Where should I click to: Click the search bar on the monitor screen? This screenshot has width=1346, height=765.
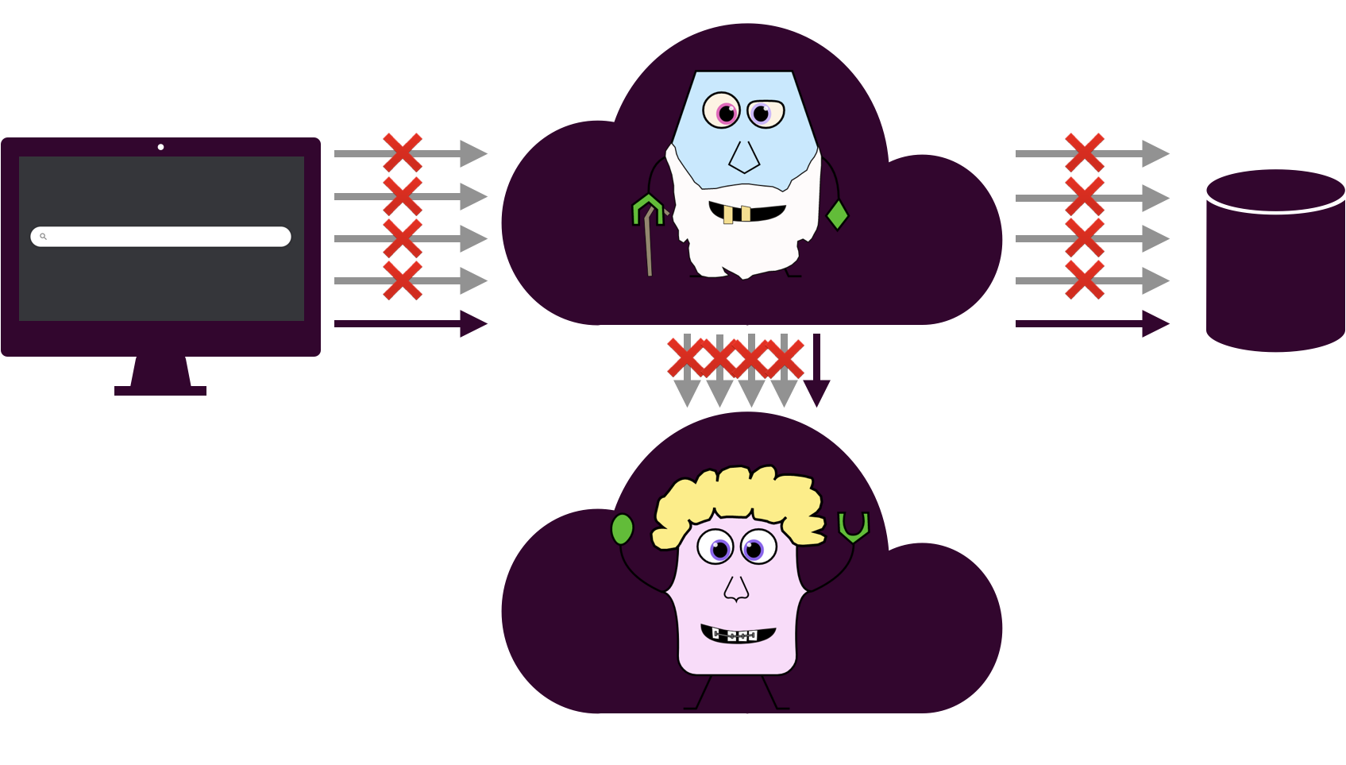coord(167,237)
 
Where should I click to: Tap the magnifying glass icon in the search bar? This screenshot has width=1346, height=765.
coord(44,237)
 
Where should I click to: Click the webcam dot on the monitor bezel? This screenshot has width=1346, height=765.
coord(160,147)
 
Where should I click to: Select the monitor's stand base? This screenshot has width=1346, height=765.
coord(160,390)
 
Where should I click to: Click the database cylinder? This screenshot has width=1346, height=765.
coord(1275,262)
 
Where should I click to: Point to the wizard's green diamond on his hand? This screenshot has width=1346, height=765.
coord(837,214)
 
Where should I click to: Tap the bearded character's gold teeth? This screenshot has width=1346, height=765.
coord(737,214)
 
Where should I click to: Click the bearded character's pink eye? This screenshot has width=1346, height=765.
coord(724,111)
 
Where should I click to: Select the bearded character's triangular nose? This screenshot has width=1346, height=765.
coord(744,157)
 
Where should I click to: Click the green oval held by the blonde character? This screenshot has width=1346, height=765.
coord(623,529)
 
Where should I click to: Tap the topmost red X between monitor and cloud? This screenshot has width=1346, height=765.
coord(403,153)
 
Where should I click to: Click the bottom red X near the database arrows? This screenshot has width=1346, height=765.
coord(1085,280)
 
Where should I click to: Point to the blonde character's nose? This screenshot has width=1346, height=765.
coord(736,589)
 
